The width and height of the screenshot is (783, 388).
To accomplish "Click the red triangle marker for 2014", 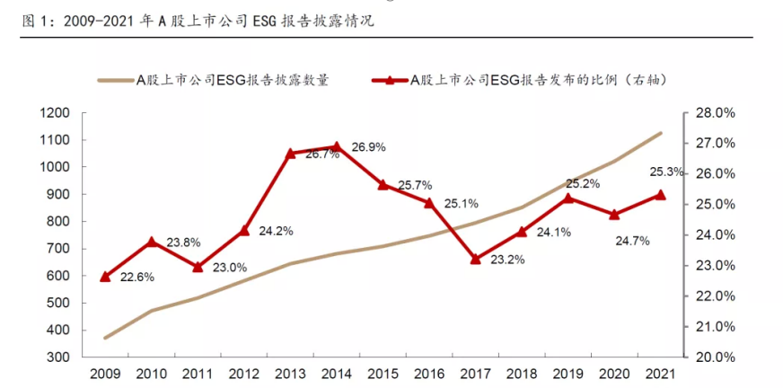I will point(336,146).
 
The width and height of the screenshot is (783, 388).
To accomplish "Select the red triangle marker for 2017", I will point(475,259).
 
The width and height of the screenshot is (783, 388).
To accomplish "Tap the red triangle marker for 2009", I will point(105,277).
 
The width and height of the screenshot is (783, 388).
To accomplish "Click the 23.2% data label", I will point(509,260).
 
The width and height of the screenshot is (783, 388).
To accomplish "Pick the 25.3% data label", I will point(666,172).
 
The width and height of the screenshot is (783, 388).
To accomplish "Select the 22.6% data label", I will point(137,277).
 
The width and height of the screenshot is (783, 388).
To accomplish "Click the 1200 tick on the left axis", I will point(55,113).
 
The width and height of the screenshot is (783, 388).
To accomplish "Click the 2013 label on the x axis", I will point(289,372).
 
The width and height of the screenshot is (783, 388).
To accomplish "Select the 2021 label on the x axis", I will point(661,372).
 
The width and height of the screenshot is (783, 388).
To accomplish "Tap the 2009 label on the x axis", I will point(104,372).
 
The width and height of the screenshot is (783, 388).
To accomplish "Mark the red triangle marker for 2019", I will point(567,198).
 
